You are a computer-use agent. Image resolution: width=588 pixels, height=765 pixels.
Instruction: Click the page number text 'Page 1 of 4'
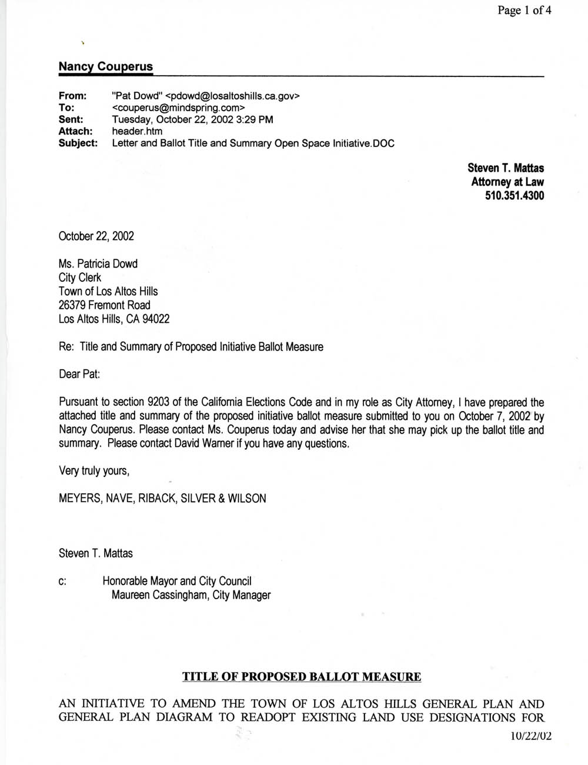pyautogui.click(x=524, y=10)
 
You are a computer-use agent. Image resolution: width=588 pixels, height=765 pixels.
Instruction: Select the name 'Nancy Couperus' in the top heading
pyautogui.click(x=105, y=66)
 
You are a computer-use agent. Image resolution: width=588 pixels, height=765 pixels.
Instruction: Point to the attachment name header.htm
pyautogui.click(x=137, y=131)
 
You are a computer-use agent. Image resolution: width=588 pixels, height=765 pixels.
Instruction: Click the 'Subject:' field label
pyautogui.click(x=78, y=143)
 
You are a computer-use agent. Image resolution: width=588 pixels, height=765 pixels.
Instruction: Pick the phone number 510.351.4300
pyautogui.click(x=514, y=196)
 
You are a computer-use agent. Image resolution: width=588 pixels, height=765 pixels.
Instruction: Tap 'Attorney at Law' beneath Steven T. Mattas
pyautogui.click(x=507, y=182)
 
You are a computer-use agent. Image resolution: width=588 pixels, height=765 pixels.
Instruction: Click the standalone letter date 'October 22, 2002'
pyautogui.click(x=96, y=236)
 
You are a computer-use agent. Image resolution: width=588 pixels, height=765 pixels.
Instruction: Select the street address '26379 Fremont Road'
pyautogui.click(x=105, y=305)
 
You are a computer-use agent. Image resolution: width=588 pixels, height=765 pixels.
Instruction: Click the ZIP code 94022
pyautogui.click(x=156, y=319)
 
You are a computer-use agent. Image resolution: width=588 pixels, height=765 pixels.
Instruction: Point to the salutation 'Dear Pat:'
pyautogui.click(x=79, y=374)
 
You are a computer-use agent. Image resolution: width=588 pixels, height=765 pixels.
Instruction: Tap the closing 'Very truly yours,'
pyautogui.click(x=94, y=471)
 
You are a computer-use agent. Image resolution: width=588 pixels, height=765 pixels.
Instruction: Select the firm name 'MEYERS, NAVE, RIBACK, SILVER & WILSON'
pyautogui.click(x=162, y=499)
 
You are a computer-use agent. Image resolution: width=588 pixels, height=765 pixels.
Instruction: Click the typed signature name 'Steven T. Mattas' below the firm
pyautogui.click(x=96, y=554)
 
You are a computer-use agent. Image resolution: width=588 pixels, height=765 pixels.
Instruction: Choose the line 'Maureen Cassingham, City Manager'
pyautogui.click(x=191, y=595)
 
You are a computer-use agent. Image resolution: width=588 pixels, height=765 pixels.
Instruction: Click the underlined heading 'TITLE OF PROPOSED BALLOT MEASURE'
pyautogui.click(x=302, y=677)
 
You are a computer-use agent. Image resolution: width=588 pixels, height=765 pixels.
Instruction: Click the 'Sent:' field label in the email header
pyautogui.click(x=71, y=119)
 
